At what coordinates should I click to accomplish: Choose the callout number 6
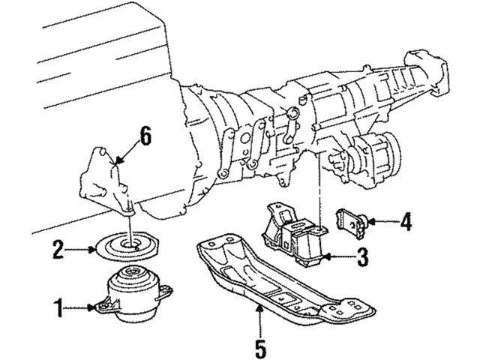coord(145,136)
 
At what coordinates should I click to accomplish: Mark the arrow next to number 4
coord(382,221)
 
